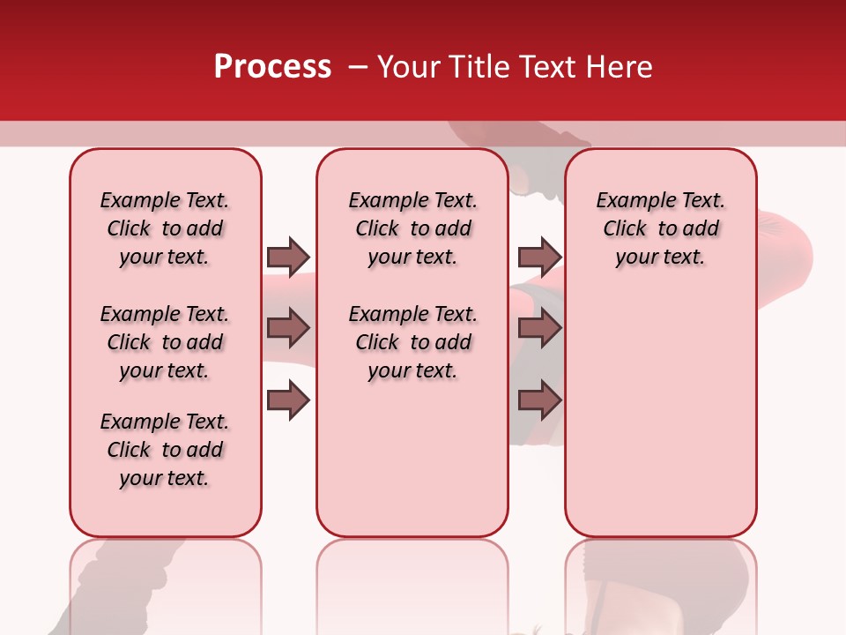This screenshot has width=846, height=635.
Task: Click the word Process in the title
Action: point(272,67)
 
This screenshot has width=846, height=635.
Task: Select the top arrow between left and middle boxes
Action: point(288,257)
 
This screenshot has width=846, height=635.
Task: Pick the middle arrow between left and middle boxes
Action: point(288,329)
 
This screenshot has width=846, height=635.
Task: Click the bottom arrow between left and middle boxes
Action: point(288,401)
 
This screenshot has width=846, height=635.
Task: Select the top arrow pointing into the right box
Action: point(539,257)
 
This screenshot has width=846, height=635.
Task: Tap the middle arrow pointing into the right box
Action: point(539,329)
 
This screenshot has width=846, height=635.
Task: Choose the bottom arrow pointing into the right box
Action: point(539,401)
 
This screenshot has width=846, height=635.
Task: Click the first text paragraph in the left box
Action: point(165,228)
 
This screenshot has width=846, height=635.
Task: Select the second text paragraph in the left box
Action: point(165,342)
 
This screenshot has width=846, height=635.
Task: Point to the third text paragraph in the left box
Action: point(165,450)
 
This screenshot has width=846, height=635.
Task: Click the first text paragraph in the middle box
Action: point(412,228)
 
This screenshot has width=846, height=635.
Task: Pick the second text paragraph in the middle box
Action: point(412,342)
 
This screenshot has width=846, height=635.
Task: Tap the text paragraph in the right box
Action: point(660,228)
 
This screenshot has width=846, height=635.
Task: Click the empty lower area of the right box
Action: point(660,415)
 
